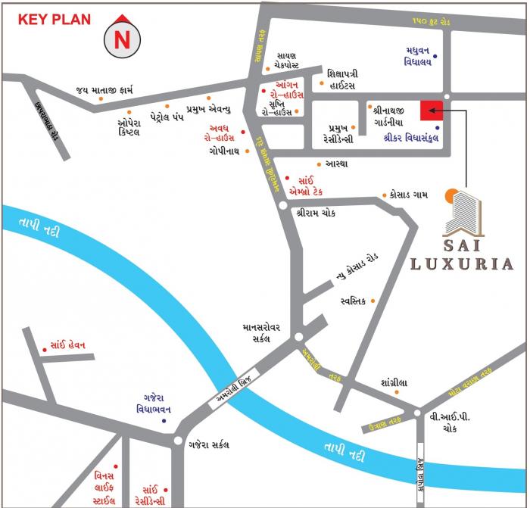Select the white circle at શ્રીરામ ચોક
click(x=282, y=204)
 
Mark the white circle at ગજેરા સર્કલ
click(x=177, y=441)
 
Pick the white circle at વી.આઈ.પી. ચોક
click(x=416, y=413)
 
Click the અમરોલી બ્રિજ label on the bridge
click(x=234, y=388)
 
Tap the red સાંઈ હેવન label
click(x=68, y=344)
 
